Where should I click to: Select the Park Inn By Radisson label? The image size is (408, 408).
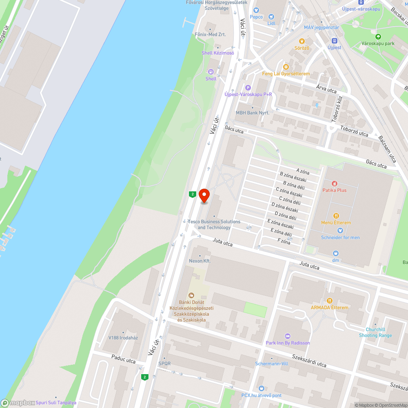tap(288, 343)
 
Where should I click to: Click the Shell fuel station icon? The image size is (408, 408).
tap(211, 72)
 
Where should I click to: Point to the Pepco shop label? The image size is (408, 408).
tap(256, 17)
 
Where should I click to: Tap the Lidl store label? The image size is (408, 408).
tap(271, 23)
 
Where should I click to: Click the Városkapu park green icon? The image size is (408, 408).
tap(378, 37)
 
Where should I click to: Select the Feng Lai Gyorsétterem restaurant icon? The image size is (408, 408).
tap(286, 67)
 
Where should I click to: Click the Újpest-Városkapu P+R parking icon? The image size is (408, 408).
tap(248, 87)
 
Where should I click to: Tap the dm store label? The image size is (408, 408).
tap(335, 260)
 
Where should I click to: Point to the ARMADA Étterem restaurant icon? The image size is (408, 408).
tap(330, 301)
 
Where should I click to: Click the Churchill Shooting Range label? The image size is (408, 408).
tap(375, 333)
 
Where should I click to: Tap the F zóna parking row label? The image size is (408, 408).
tap(284, 242)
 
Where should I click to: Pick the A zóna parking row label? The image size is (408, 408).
tap(303, 172)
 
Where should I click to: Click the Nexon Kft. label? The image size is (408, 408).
tap(200, 261)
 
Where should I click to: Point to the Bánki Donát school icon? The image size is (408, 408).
tap(191, 295)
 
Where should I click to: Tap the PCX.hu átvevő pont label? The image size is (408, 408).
tap(261, 395)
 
